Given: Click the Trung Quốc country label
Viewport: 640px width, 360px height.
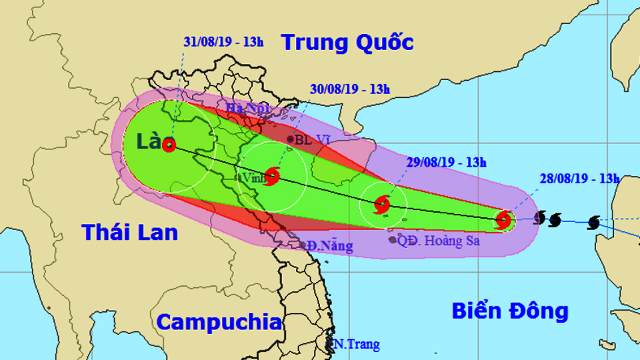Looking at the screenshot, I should [347, 43].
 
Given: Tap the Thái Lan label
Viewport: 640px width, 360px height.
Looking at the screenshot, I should [130, 232].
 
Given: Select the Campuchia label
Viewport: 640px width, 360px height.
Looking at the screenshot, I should [219, 323].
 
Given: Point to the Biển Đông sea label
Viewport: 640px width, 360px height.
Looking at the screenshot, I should [510, 311].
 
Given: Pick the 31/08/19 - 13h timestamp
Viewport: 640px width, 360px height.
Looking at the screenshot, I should [223, 41].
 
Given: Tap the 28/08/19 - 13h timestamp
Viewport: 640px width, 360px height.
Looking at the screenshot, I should [580, 178].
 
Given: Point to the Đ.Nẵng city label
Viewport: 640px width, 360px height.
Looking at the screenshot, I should [331, 246].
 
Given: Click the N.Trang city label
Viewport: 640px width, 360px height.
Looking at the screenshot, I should [357, 345].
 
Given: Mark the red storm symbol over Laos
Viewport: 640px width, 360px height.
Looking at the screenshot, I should [169, 144].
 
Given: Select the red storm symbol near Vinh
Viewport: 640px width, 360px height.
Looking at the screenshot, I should [273, 176].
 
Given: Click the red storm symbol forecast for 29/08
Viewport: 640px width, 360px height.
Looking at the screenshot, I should [383, 204].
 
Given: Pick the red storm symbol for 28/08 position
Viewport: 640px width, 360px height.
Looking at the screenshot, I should [504, 219].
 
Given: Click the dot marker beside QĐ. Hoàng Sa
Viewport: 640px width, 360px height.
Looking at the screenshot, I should [392, 239].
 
